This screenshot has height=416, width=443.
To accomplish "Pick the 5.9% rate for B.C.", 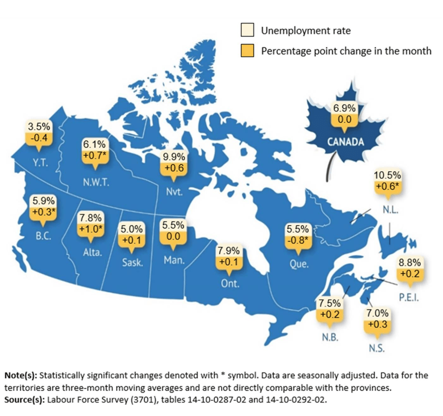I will [x=43, y=200].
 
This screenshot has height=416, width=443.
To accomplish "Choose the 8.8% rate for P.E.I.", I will [x=410, y=263].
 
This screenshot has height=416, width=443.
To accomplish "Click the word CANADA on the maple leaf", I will [x=345, y=142].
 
